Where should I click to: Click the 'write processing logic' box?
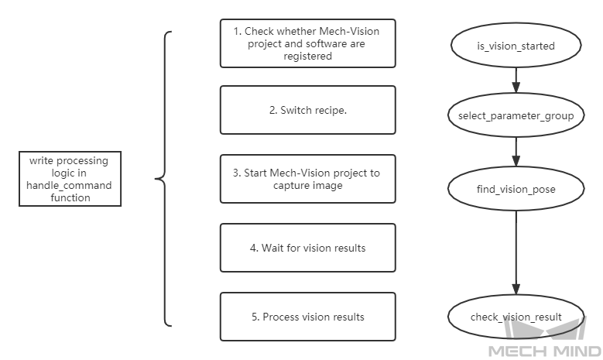coord(70,179)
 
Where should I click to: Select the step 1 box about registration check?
coord(307,43)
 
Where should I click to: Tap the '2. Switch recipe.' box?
coord(307,110)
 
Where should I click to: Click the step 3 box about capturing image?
coord(307,179)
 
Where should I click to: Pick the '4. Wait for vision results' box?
coord(307,248)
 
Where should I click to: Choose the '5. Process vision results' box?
coord(307,317)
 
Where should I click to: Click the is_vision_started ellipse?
coord(516,46)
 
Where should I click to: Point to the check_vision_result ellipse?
coord(516,317)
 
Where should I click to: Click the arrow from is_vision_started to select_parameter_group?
coord(516,81)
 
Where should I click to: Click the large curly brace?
coord(162,179)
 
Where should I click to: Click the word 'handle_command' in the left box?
coord(69,185)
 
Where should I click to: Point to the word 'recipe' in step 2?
coord(327,110)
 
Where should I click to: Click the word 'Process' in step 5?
coord(281,317)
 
